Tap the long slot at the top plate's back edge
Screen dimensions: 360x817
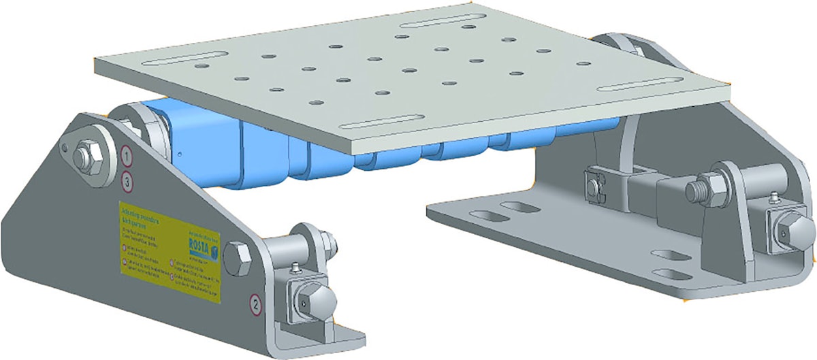point(432,23)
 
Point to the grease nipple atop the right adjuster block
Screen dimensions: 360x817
point(775,199)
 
